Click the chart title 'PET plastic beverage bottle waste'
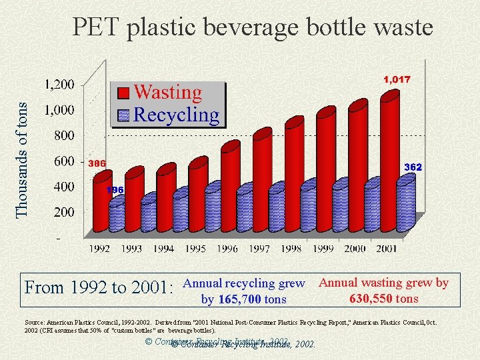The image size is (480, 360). [x=253, y=27]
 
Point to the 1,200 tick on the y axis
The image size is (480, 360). [x=59, y=85]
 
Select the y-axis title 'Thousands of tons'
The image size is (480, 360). [x=23, y=159]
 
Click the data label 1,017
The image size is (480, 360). [x=397, y=79]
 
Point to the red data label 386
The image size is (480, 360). [x=97, y=163]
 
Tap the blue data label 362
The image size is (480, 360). [x=413, y=167]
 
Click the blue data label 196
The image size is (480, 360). [x=116, y=190]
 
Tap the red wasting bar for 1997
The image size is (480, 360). [x=261, y=180]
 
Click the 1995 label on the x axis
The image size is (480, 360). [x=196, y=249]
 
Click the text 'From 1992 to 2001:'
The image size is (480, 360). [x=99, y=288]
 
